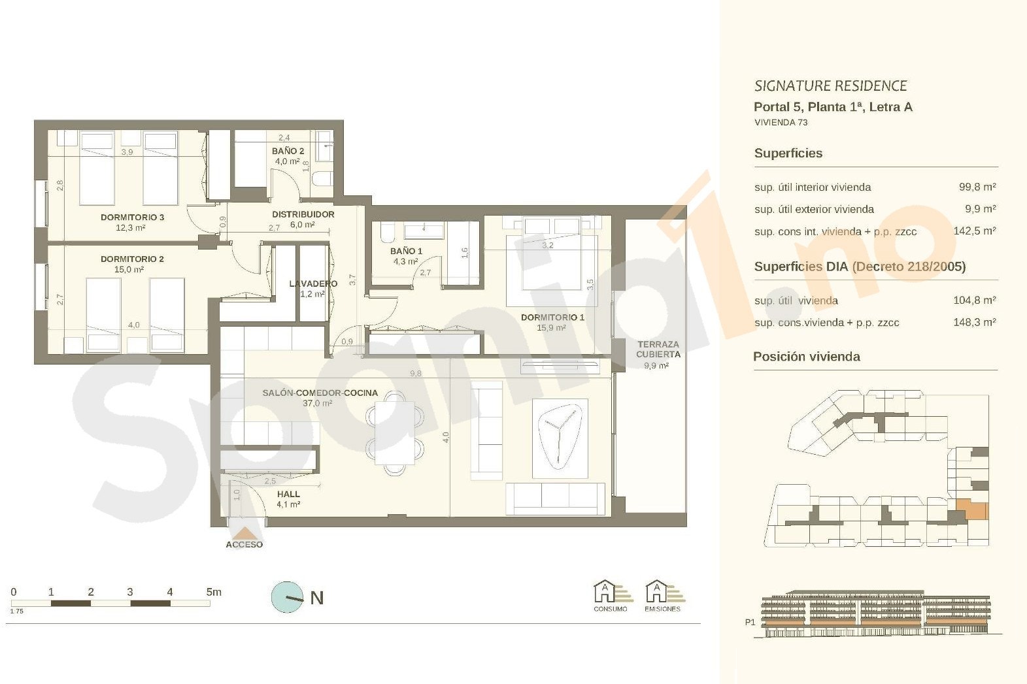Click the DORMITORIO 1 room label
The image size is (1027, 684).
552,317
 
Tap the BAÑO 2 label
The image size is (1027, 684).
288,151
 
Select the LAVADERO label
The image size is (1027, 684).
313,284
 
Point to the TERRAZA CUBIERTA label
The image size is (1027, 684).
658,349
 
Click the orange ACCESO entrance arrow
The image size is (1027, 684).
244,533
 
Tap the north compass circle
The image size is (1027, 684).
287,597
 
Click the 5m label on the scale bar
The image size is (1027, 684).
214,592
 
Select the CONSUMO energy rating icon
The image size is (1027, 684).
611,596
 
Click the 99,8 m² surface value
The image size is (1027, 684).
977,187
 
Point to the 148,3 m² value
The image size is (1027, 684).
975,322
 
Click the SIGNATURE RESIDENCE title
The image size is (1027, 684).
831,86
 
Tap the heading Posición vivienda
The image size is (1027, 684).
807,357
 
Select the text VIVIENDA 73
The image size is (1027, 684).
781,122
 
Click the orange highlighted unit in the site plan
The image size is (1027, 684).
972,510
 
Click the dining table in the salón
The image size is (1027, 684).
395,433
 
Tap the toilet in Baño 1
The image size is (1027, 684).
386,234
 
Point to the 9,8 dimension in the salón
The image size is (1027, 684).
416,374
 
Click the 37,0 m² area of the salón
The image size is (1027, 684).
317,403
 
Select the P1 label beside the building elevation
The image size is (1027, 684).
750,622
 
